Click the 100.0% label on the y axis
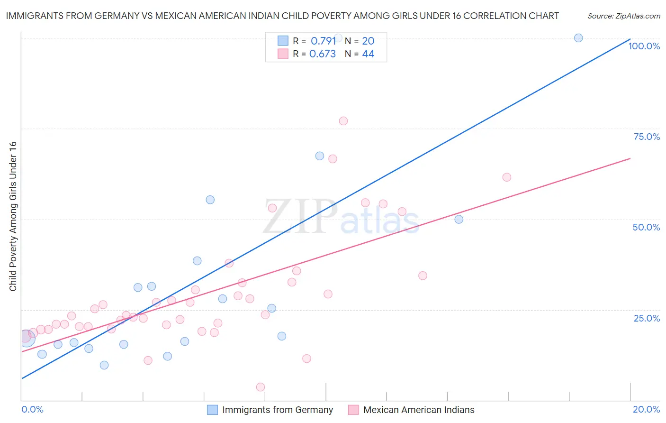click(x=644, y=46)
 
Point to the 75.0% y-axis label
click(x=647, y=137)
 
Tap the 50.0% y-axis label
click(x=646, y=227)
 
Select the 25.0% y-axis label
click(x=647, y=318)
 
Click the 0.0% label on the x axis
click(x=32, y=409)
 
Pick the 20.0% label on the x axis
click(x=646, y=409)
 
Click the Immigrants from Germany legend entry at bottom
click(x=277, y=410)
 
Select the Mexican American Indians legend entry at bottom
click(x=418, y=410)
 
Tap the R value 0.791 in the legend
click(x=323, y=41)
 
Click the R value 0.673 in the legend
click(x=323, y=54)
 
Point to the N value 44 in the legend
click(x=368, y=54)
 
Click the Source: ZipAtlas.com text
click(x=623, y=16)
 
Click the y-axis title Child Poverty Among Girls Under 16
click(x=13, y=216)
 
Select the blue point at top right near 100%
click(x=578, y=38)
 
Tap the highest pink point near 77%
click(x=343, y=121)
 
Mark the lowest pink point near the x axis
click(x=261, y=387)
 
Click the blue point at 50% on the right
click(x=459, y=219)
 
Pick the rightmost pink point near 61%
click(x=507, y=177)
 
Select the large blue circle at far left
click(x=27, y=338)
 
